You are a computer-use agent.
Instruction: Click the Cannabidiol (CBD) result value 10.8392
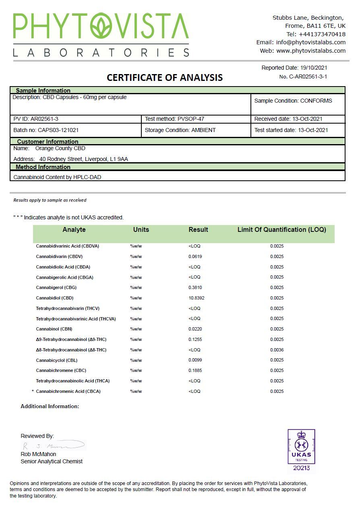196,298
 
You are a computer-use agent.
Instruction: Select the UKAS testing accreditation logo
301,450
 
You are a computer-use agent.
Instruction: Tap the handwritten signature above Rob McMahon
52,446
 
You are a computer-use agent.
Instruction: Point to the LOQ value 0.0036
277,350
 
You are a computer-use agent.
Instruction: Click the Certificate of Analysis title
164,77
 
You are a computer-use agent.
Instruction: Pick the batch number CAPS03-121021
58,130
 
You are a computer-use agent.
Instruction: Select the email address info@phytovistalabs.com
310,42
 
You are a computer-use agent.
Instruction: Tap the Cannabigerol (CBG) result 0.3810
195,287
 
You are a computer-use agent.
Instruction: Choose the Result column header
198,230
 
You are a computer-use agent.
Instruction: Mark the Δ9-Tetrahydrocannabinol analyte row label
71,339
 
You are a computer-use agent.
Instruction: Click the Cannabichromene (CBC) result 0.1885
195,370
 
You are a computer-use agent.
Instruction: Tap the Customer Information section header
48,142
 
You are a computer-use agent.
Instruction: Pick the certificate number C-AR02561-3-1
308,76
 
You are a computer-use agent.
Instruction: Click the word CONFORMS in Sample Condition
316,101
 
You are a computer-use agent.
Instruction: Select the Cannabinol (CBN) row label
54,329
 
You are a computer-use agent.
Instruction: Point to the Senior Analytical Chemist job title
52,461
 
